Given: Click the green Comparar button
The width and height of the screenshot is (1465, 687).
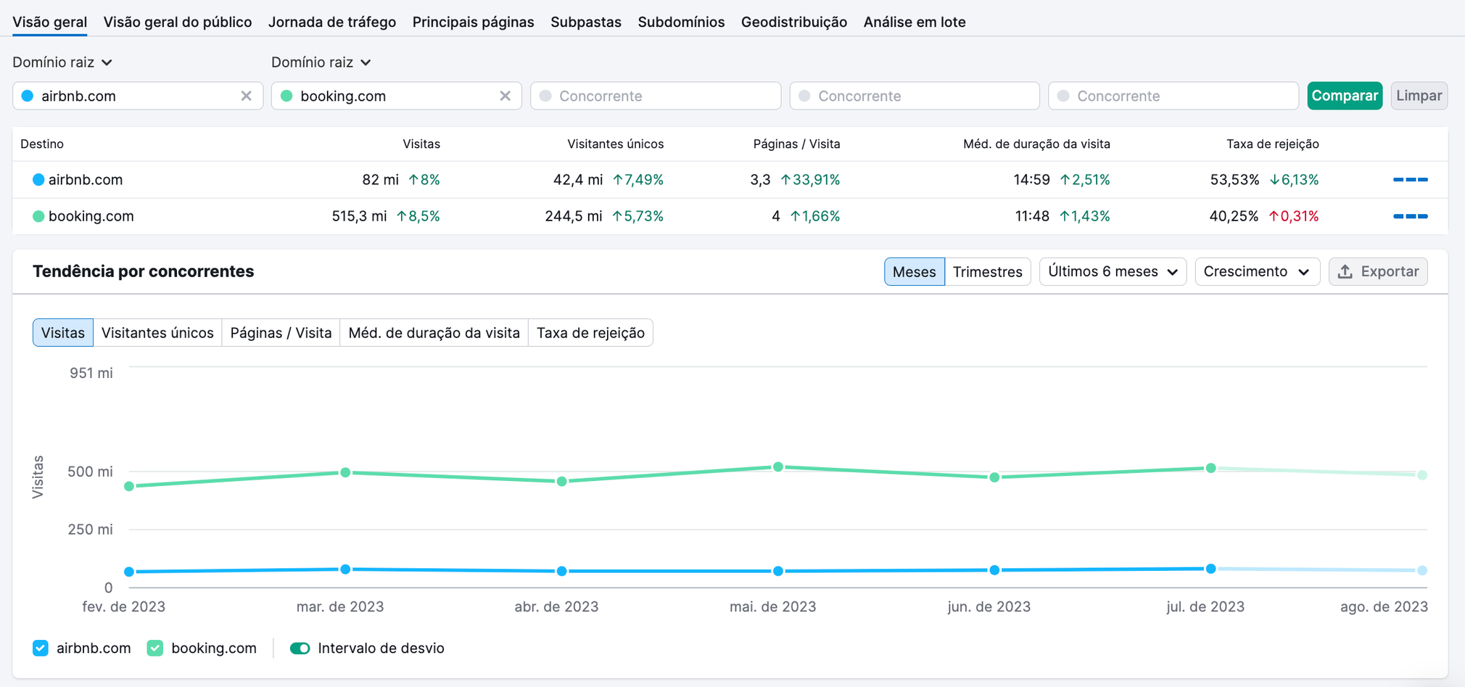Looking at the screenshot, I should click(x=1344, y=96).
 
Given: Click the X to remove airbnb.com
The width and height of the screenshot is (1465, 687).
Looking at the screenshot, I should click(x=246, y=96).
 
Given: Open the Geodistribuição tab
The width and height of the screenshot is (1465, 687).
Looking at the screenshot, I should click(x=793, y=22).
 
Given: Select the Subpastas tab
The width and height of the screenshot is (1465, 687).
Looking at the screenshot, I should click(x=585, y=22).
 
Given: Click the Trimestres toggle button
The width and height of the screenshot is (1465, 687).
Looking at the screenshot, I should click(x=987, y=271).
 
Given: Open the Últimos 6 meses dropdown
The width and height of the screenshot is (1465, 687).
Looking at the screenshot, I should click(x=1112, y=271).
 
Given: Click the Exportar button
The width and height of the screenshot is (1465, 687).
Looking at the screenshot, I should click(x=1377, y=271).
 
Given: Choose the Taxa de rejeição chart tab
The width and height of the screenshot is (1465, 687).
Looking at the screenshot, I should click(x=590, y=333).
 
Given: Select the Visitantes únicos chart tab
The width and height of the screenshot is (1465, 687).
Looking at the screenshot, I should click(x=157, y=333).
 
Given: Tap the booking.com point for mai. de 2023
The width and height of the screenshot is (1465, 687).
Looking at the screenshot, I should click(x=777, y=466).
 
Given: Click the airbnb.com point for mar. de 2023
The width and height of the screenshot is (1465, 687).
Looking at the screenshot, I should click(x=345, y=569).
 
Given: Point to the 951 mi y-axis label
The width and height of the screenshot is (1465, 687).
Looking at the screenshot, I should click(x=91, y=373).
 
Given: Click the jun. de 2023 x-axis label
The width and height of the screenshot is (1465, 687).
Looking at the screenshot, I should click(x=989, y=606).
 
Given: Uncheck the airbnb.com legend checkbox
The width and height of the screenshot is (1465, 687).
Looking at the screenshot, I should click(x=41, y=648).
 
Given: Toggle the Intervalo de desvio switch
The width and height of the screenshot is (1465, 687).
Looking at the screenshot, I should click(x=300, y=648).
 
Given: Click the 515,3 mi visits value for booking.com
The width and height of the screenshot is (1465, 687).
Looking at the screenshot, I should click(x=359, y=216).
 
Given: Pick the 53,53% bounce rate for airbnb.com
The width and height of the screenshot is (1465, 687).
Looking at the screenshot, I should click(x=1234, y=180).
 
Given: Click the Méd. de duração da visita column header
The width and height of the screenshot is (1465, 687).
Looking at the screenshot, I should click(x=1036, y=144).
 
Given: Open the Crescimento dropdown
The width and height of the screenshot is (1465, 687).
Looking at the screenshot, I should click(x=1256, y=271).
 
